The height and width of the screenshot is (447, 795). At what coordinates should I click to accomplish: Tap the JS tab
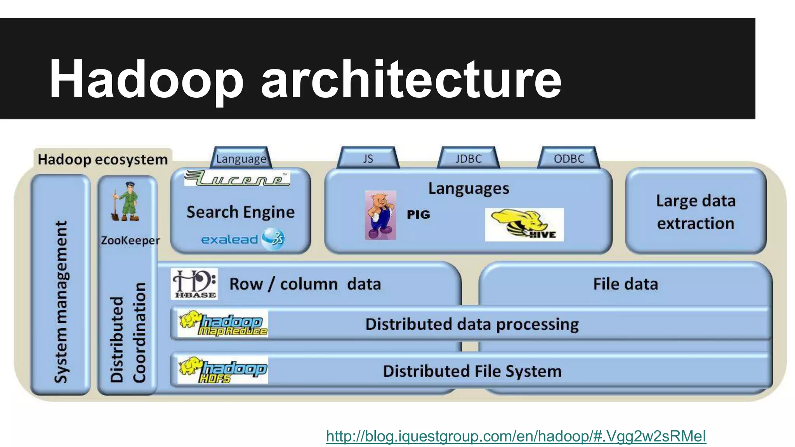(368, 158)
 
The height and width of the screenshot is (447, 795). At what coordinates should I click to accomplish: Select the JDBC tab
(468, 158)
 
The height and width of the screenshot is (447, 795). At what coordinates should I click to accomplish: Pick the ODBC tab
(569, 158)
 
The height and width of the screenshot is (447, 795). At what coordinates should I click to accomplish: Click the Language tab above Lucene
(241, 158)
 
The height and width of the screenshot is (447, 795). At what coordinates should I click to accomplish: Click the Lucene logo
(237, 178)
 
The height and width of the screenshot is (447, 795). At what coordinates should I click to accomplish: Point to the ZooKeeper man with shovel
(125, 202)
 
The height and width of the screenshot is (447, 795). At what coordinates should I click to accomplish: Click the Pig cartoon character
(380, 215)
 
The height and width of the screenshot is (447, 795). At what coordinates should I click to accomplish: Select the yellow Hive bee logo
(524, 225)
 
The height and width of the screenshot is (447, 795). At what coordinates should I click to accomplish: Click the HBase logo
(194, 284)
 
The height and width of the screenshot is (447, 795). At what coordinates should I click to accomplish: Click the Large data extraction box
(696, 211)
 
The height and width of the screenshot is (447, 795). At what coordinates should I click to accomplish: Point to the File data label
(625, 284)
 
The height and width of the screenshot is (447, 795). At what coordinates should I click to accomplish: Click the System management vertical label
(61, 302)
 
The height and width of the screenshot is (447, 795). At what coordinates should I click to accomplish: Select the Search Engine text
(241, 212)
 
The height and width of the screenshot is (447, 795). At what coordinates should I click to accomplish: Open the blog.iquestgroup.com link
(516, 436)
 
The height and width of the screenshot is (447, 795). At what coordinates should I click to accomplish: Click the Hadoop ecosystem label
(103, 159)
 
